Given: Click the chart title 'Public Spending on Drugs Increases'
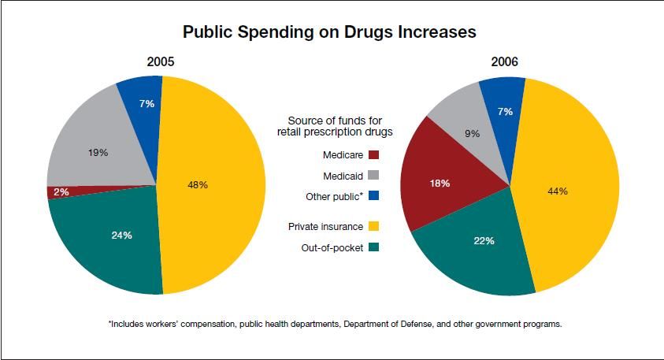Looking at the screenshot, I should [x=329, y=32].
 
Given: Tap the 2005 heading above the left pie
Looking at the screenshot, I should [x=161, y=61].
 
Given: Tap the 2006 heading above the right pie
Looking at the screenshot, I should [x=504, y=61].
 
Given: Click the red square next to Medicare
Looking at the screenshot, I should [x=374, y=154].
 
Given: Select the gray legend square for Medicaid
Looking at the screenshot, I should [x=374, y=175].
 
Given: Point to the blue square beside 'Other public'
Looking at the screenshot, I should [x=374, y=195].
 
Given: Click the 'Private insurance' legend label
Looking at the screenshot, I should [x=326, y=226].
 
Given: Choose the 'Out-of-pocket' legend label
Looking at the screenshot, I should [x=332, y=247].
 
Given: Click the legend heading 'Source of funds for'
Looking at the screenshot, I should [x=335, y=120].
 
